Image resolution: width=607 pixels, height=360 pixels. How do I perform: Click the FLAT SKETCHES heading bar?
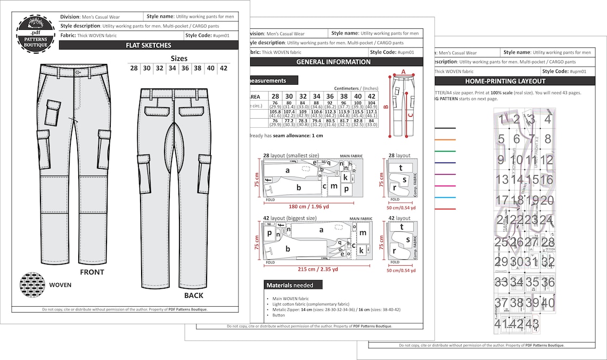tap(149, 45)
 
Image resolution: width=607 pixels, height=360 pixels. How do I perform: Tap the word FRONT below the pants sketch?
tap(92, 272)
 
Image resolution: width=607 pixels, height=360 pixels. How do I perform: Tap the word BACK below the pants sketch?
tap(193, 295)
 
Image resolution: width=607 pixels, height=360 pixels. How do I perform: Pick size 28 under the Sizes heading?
tap(134, 68)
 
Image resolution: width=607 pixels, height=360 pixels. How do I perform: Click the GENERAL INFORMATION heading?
tap(333, 62)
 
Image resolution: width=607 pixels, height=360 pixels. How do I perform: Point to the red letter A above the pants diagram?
tap(403, 71)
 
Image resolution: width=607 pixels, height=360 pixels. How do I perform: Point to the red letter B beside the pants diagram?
tap(386, 106)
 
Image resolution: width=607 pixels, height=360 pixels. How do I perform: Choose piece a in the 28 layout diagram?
tap(288, 170)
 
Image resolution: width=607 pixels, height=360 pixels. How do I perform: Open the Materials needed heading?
tap(289, 285)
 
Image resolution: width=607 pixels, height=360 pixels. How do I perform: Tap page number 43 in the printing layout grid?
tap(532, 323)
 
